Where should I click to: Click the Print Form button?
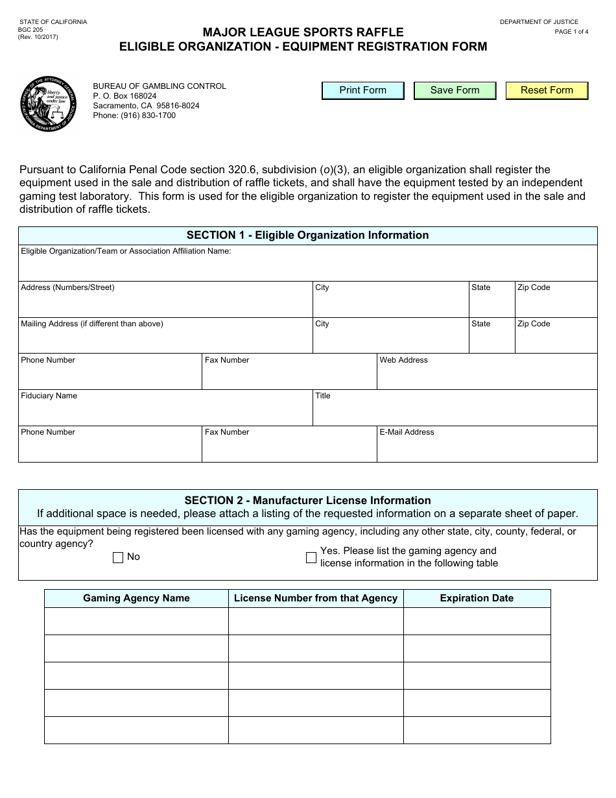[x=362, y=90]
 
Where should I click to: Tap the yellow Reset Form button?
[x=547, y=90]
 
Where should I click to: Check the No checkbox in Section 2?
[x=118, y=557]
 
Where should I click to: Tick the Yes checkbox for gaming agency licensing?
[x=311, y=557]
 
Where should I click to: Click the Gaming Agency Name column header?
[x=136, y=598]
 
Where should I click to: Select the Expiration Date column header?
[x=477, y=598]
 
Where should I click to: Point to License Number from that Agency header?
[x=316, y=598]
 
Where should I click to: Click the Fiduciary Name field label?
[x=49, y=396]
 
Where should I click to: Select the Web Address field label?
[x=403, y=360]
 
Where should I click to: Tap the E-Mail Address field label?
[x=407, y=432]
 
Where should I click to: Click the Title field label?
[x=322, y=396]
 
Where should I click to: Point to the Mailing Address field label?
[x=92, y=324]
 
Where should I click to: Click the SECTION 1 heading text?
[x=307, y=236]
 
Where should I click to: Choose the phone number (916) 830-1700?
[x=134, y=115]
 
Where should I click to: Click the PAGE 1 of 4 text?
[x=571, y=32]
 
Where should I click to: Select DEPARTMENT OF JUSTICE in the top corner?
[x=539, y=22]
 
